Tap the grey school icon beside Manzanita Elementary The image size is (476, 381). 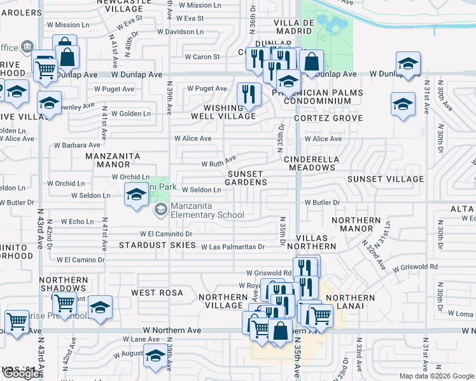[161, 209]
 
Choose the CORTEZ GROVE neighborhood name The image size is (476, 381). [328, 118]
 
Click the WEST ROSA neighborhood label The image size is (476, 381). [157, 293]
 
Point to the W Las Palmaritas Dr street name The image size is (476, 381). [232, 246]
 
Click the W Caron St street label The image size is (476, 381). [202, 57]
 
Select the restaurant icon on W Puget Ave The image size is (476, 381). [248, 94]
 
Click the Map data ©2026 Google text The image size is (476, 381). [436, 376]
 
